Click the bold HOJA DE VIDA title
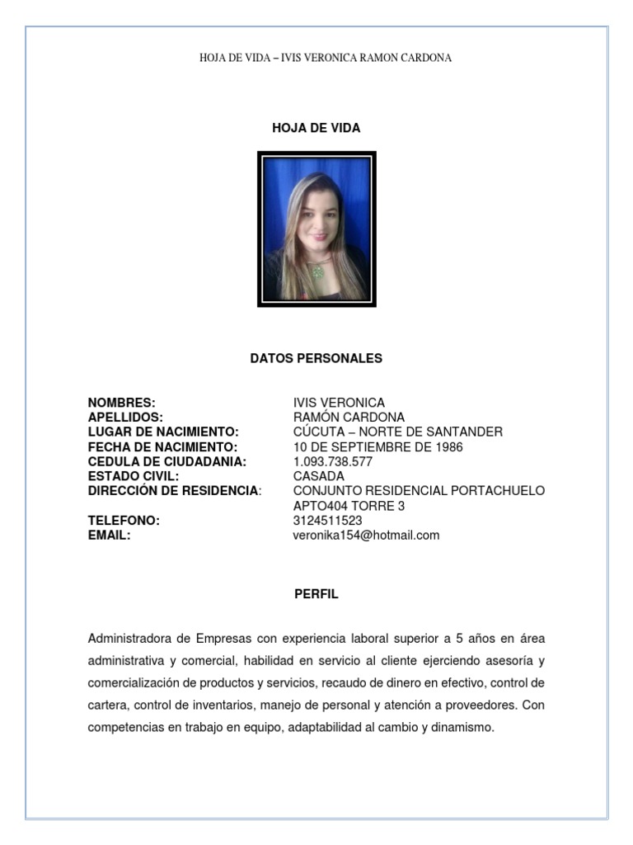(x=316, y=129)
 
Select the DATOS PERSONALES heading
(x=316, y=358)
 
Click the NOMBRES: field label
(x=121, y=403)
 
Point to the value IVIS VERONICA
(x=339, y=403)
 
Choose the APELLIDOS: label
(x=125, y=418)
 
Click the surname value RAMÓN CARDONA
(x=349, y=418)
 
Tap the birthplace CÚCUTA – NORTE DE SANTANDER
(x=397, y=432)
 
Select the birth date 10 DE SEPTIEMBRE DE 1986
(x=377, y=447)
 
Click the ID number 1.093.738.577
(x=333, y=462)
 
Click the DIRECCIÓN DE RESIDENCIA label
(x=173, y=491)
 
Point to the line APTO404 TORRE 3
(x=349, y=506)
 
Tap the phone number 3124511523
(x=327, y=521)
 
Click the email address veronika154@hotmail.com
(x=366, y=536)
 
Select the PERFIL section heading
(x=316, y=594)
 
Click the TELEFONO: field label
(x=124, y=521)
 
